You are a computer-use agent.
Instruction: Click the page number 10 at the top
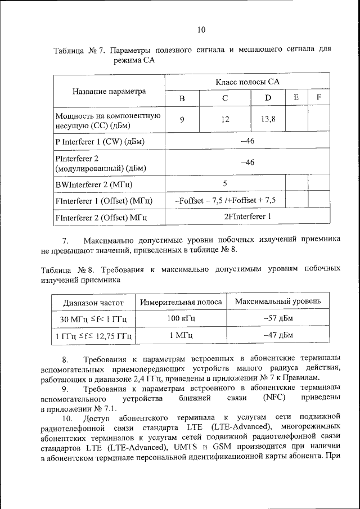pos(202,30)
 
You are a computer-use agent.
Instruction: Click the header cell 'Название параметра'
pos(109,91)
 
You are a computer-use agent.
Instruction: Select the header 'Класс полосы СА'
pos(247,82)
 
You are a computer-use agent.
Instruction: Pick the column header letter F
pos(319,97)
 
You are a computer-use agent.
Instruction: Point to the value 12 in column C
pos(225,119)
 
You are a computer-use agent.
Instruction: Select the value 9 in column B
pos(182,119)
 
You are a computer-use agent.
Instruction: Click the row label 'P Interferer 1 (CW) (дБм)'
pos(100,141)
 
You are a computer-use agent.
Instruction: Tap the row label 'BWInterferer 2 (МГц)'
pos(97,184)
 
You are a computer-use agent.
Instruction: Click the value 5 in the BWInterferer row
pos(225,183)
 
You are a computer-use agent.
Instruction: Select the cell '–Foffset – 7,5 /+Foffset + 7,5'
pos(225,200)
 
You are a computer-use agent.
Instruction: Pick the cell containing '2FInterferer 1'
pos(247,216)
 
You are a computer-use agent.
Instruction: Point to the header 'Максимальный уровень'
pos(278,301)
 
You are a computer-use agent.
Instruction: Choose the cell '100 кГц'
pos(181,319)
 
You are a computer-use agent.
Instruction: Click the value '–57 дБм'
pos(278,319)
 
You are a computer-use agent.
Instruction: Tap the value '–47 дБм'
pos(278,336)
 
